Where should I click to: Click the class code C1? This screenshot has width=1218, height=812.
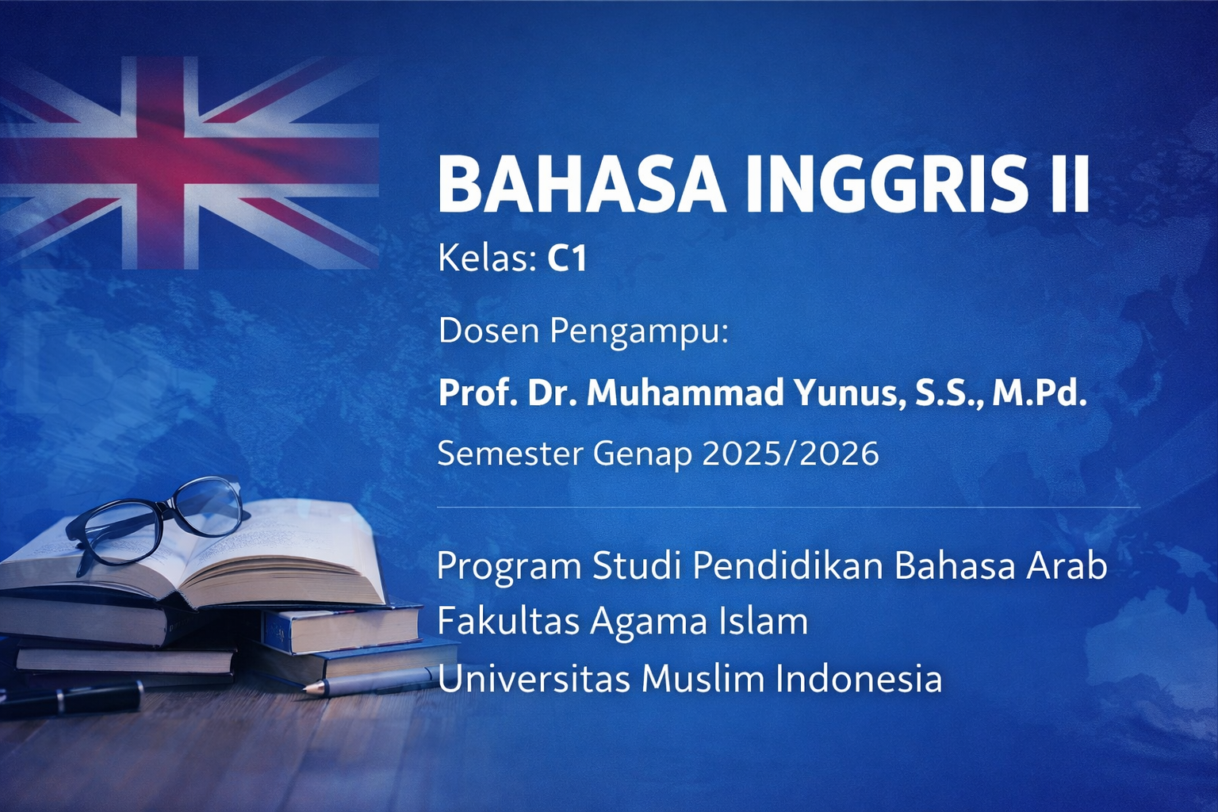click(567, 259)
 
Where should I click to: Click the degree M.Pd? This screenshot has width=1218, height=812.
click(1039, 393)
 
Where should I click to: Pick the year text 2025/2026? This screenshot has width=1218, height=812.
click(791, 454)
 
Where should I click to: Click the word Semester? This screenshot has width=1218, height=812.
click(510, 454)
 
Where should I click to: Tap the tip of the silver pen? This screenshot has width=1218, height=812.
click(304, 688)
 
